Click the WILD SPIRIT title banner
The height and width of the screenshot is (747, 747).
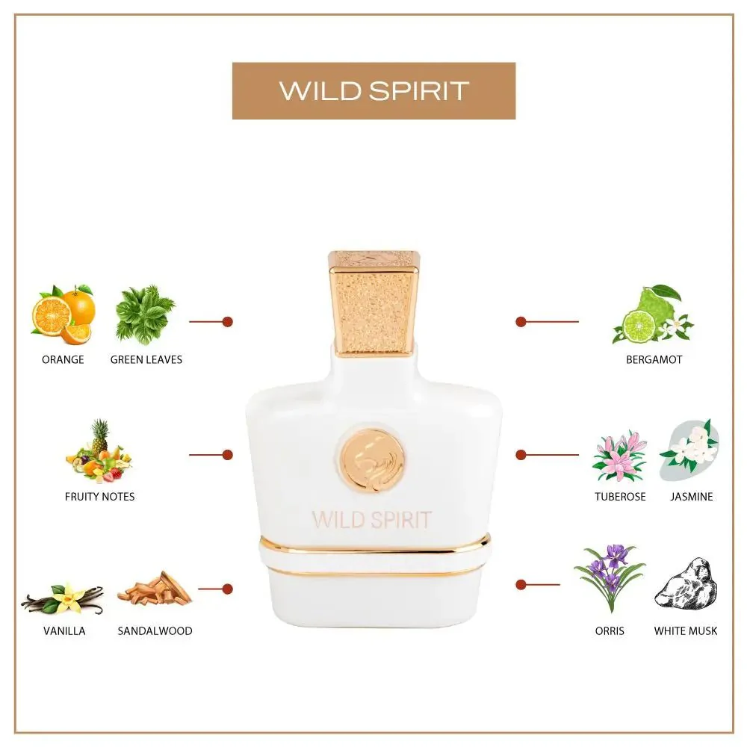pyautogui.click(x=373, y=90)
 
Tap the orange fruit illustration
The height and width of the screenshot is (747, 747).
pyautogui.click(x=63, y=314)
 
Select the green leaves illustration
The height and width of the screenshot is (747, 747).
pyautogui.click(x=145, y=314)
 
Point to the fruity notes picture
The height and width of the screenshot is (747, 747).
pyautogui.click(x=99, y=452)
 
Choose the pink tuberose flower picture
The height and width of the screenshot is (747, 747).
pyautogui.click(x=619, y=456)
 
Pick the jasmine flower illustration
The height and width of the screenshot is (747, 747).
pyautogui.click(x=689, y=450)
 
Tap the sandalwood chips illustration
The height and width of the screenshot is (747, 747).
pyautogui.click(x=155, y=590)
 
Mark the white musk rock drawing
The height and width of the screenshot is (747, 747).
pyautogui.click(x=686, y=583)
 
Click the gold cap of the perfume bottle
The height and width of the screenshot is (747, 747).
pyautogui.click(x=373, y=303)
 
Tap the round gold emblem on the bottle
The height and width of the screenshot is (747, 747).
pyautogui.click(x=372, y=459)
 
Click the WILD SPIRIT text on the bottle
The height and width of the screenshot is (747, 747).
pyautogui.click(x=371, y=519)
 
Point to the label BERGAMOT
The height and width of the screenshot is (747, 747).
pyautogui.click(x=654, y=359)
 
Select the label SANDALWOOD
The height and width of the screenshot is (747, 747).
pyautogui.click(x=155, y=630)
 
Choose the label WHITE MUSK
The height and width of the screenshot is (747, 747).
pyautogui.click(x=685, y=630)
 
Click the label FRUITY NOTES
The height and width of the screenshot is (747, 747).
pyautogui.click(x=99, y=496)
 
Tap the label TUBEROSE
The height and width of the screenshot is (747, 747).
pyautogui.click(x=620, y=496)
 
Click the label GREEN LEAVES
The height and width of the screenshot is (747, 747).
pyautogui.click(x=146, y=359)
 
